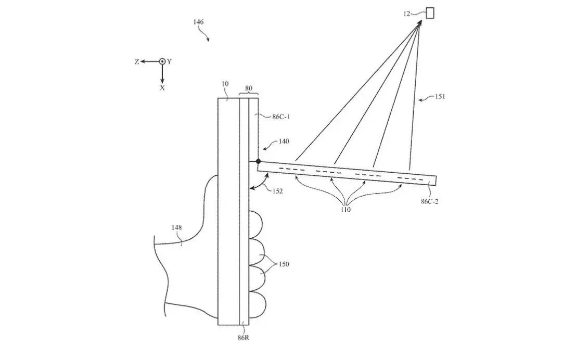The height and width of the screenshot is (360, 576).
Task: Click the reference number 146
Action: point(198,22)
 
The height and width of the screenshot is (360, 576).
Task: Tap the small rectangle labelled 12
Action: point(429,13)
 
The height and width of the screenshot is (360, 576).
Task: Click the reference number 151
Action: point(440,97)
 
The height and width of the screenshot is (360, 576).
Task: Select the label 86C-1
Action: point(281,117)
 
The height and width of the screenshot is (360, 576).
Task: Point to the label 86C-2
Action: point(429,201)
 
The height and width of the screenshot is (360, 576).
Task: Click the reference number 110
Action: point(345,209)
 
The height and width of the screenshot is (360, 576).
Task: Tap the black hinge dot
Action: point(258,161)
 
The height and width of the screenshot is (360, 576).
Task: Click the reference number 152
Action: point(278,191)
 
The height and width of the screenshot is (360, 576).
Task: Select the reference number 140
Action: point(284,141)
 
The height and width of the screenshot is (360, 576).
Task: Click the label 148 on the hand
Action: point(177,227)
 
